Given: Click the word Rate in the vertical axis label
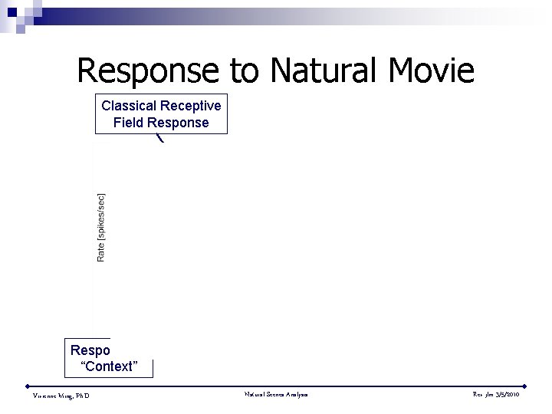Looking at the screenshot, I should (101, 251).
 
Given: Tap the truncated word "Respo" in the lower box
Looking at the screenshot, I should (90, 350).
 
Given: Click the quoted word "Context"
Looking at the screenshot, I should (109, 366).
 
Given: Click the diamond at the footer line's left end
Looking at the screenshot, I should (28, 386).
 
